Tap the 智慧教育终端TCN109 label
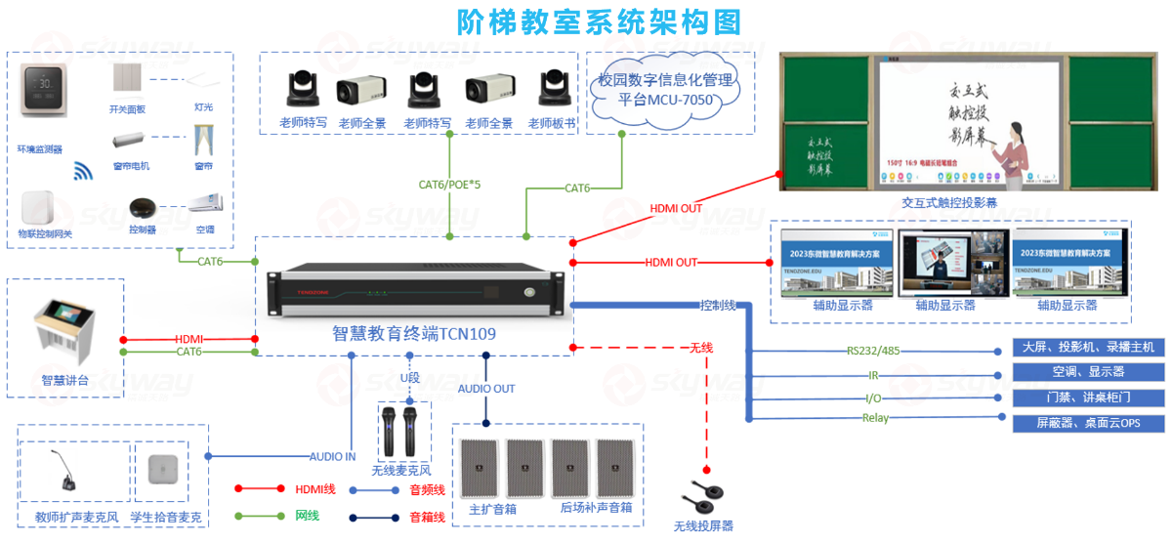tap(414, 334)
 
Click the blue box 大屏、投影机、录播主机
tap(1087, 348)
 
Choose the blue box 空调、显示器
tap(1087, 372)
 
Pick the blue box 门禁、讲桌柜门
tap(1087, 398)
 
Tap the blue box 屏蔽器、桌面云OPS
tap(1087, 423)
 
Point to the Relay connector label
tap(875, 418)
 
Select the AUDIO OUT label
tap(486, 389)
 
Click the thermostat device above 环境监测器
tap(44, 90)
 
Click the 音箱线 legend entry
tap(427, 517)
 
